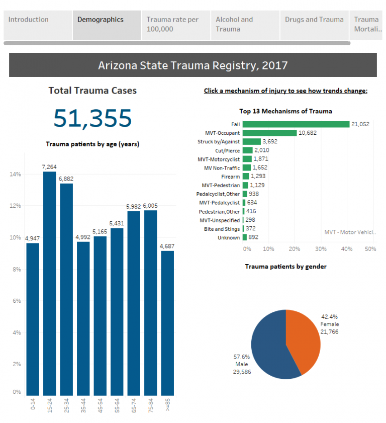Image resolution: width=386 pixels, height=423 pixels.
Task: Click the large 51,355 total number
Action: (92, 118)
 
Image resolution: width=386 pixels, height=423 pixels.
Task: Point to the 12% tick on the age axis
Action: (15, 206)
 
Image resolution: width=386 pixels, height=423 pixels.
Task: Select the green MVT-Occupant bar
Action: (269, 133)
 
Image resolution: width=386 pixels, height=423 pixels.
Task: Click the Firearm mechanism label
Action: (230, 177)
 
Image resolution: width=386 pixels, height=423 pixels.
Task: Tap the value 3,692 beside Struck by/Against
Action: (270, 142)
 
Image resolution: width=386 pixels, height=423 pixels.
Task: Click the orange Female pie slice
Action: (302, 337)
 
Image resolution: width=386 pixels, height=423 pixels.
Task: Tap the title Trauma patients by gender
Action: (285, 266)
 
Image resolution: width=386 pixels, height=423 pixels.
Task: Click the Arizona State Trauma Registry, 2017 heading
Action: (192, 65)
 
